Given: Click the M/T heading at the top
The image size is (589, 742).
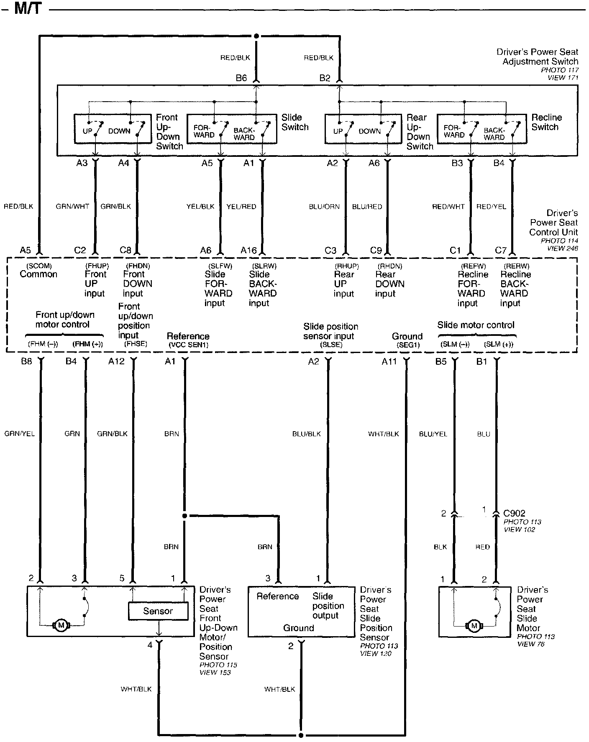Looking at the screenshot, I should (28, 8).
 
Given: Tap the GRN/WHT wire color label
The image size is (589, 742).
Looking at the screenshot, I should (72, 206).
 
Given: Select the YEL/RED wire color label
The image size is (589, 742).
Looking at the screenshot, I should (241, 206).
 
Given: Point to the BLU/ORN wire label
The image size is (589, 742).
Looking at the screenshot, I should (324, 206).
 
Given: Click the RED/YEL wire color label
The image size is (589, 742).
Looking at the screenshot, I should (492, 206).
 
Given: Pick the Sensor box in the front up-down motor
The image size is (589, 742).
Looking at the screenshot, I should (158, 611).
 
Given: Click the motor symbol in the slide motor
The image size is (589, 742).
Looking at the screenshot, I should (474, 626).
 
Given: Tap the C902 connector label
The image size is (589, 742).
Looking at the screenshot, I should (514, 513).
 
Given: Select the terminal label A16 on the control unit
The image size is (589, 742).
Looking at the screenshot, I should (248, 250).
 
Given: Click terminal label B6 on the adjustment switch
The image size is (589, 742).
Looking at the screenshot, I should (241, 78).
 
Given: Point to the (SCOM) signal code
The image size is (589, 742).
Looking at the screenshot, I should (38, 266).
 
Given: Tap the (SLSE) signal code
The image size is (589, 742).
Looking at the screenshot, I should (331, 345).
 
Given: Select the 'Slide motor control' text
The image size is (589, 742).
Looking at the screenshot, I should (476, 325).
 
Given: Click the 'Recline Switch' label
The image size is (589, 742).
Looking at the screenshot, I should (546, 122).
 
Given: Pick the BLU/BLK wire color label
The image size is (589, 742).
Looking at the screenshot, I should (306, 434).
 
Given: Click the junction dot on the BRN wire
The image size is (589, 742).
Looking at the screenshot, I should (184, 516).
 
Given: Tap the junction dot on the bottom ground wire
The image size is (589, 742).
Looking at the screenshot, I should (300, 735).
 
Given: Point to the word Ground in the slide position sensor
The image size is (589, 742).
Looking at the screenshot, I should (298, 628).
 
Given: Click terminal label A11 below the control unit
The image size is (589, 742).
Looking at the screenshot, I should (389, 361).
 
